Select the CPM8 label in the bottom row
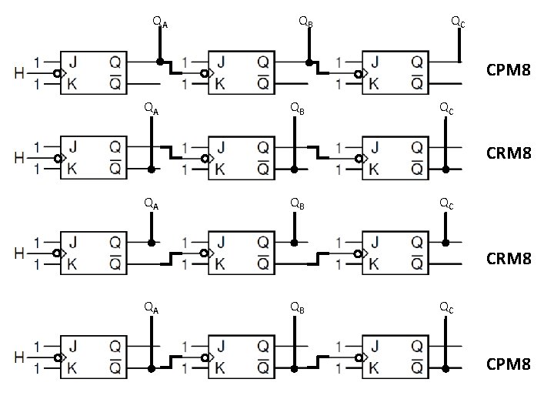[509, 363]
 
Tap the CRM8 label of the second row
[509, 153]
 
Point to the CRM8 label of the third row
[509, 259]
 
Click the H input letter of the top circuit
[19, 74]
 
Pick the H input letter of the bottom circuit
[19, 357]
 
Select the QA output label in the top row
[160, 23]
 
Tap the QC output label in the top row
[457, 23]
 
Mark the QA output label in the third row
[152, 204]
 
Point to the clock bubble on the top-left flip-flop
[57, 75]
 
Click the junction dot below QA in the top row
[160, 61]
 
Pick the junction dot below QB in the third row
[294, 243]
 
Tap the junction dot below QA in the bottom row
[152, 369]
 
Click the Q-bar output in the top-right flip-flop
[415, 82]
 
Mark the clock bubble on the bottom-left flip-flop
[57, 357]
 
